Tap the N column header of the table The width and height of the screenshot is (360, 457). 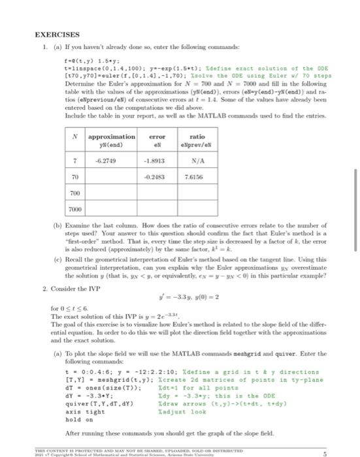coord(76,136)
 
